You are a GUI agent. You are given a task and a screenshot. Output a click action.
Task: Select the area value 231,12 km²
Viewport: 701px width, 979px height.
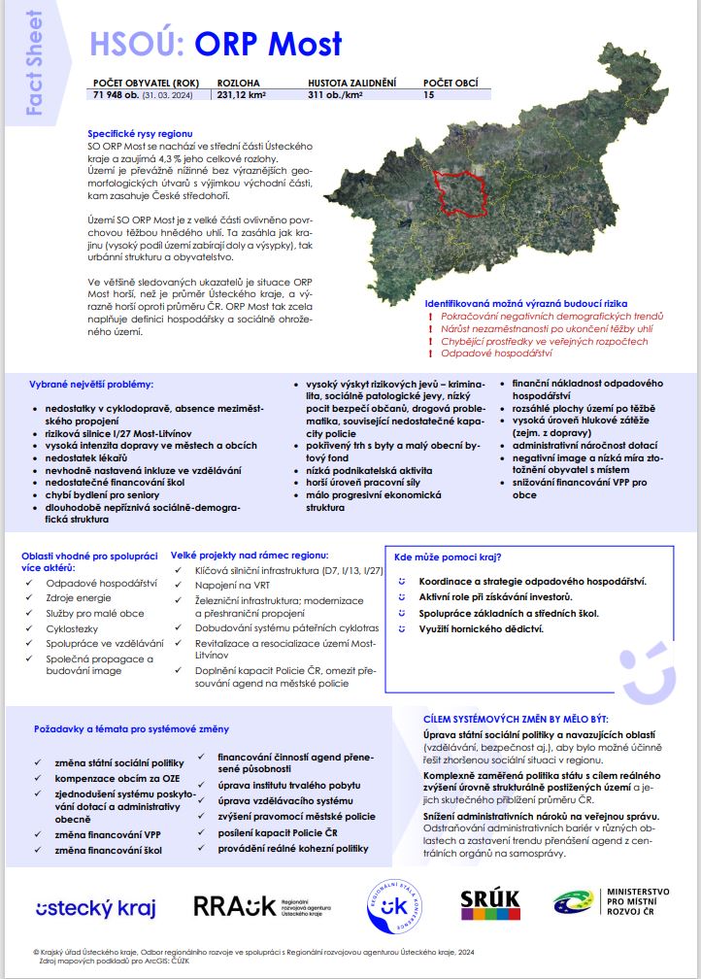[242, 95]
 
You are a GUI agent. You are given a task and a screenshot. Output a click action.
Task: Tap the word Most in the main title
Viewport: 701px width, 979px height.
[305, 44]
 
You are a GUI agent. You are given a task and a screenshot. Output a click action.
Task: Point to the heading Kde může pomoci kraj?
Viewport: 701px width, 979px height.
[448, 557]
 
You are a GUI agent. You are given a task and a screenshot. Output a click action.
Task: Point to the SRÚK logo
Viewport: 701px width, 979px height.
[490, 904]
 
